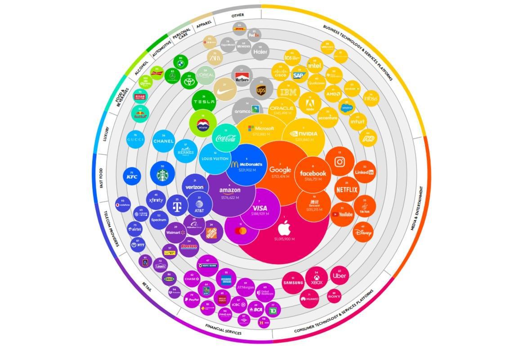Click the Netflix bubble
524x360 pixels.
[347, 189]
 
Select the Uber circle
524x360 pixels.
[339, 275]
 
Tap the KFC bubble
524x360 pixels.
[132, 176]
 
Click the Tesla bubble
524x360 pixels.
[204, 102]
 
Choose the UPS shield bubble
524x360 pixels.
[261, 90]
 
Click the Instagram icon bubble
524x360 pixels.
[340, 162]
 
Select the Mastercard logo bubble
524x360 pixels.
[241, 230]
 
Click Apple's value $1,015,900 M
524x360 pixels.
[284, 239]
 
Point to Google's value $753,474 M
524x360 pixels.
[280, 177]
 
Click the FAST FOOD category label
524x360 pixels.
[101, 178]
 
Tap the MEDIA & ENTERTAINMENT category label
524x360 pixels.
[417, 208]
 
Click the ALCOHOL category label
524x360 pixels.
[141, 68]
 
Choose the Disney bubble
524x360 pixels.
[363, 232]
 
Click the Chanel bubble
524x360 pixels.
[163, 141]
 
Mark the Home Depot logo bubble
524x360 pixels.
[211, 232]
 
